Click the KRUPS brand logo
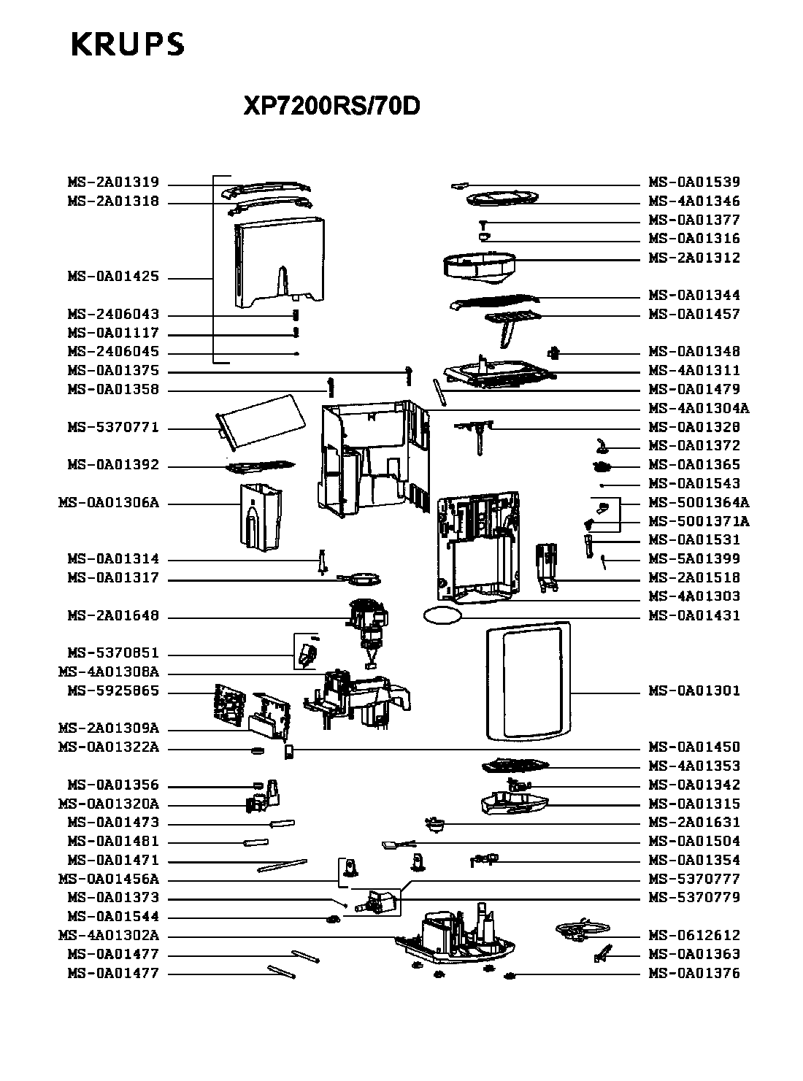click(x=128, y=45)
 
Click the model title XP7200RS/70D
click(x=331, y=107)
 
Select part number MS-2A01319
click(x=113, y=182)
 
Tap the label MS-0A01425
click(x=113, y=277)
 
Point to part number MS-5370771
click(x=113, y=428)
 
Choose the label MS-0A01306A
click(x=108, y=504)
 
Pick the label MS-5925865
click(x=113, y=691)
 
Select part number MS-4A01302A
click(x=108, y=936)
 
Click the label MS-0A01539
click(x=694, y=182)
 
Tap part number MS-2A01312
click(x=694, y=258)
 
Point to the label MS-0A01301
click(x=694, y=691)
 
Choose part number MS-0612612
click(x=694, y=936)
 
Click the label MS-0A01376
click(x=694, y=974)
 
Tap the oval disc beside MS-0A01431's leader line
click(x=442, y=615)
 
